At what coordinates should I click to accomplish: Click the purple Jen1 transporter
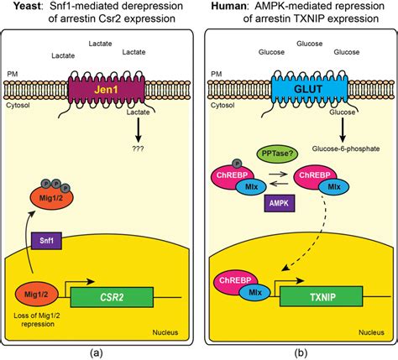coord(107,90)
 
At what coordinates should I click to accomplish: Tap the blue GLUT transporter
coord(310,90)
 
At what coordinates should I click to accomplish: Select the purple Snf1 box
coord(47,240)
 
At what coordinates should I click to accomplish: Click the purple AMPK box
coord(280,203)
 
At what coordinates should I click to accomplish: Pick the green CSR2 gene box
coord(112,297)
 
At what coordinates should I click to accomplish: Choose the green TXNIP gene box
coord(322,296)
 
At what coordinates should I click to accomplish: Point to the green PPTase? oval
coord(277,154)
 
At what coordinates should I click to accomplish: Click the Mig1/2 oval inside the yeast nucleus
coord(37,295)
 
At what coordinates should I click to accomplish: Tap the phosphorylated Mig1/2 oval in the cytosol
coord(52,198)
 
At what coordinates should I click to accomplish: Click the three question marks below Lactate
coord(138,149)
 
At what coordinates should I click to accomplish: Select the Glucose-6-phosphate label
coord(346,149)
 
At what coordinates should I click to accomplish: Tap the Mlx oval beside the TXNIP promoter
coord(255,293)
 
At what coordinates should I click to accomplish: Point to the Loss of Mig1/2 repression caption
coord(37,320)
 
